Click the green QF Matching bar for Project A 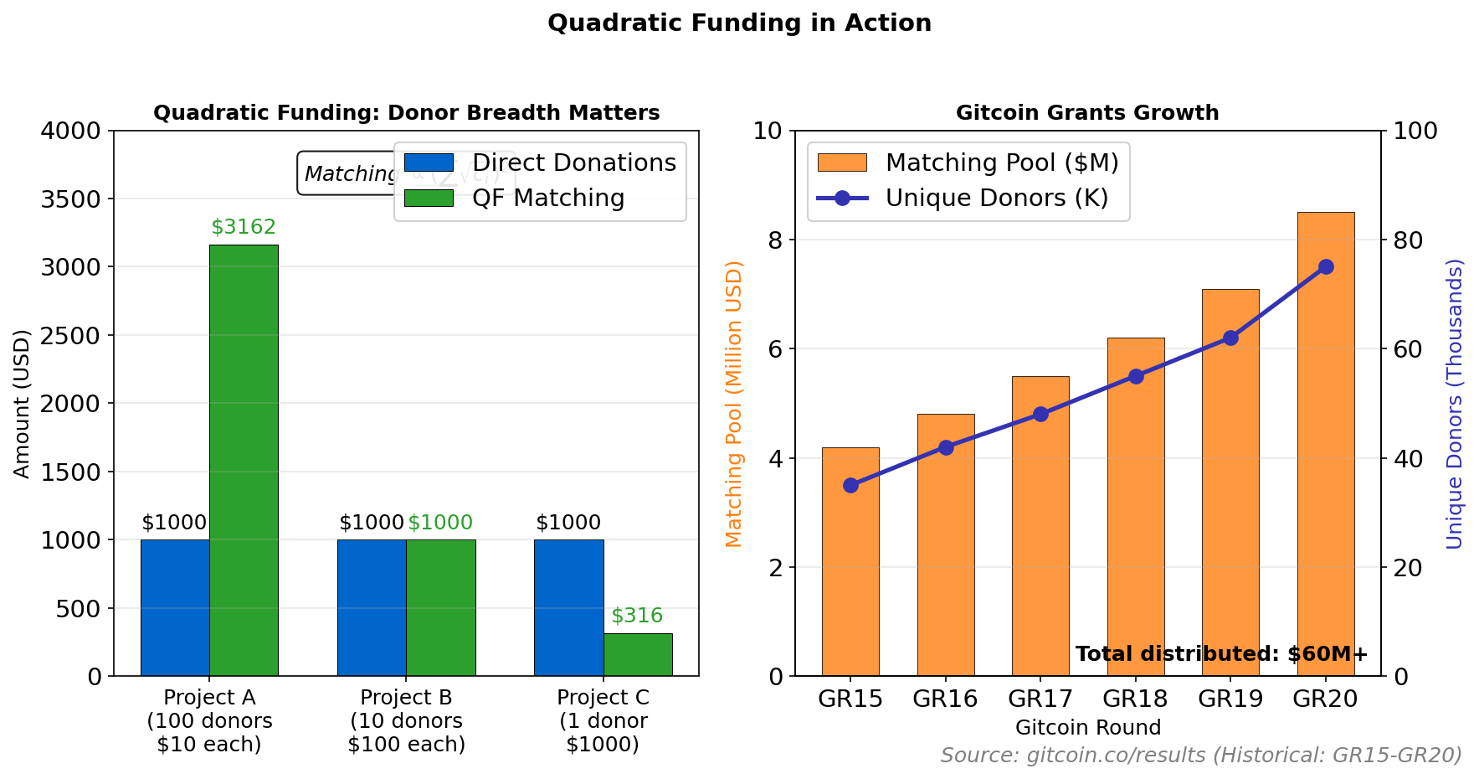pos(244,461)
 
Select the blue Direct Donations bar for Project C pos(568,607)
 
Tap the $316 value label pos(637,616)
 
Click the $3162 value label pos(244,227)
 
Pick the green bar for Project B pos(440,607)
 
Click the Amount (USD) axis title pos(23,404)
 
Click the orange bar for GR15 pos(850,570)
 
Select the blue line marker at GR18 pos(1136,376)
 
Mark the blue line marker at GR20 pos(1326,267)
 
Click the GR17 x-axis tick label pos(1040,699)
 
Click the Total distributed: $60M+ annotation pos(1221,654)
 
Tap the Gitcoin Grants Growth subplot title pos(1087,113)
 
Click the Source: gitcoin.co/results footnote pos(1201,756)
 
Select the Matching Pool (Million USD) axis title pos(734,404)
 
